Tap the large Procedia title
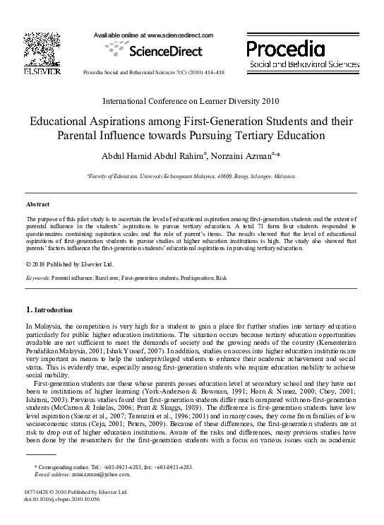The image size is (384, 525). coord(285,49)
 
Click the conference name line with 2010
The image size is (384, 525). coord(191,101)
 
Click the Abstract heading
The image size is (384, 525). coord(38,204)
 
